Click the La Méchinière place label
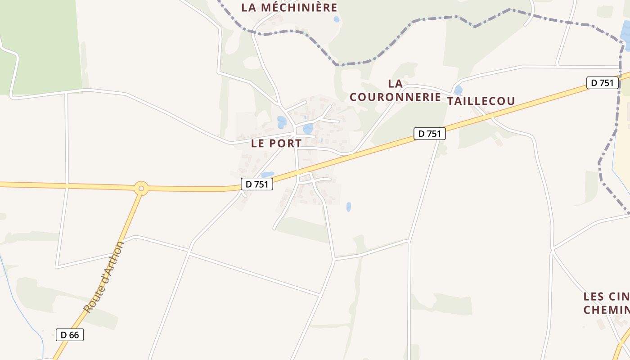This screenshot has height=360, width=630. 289,8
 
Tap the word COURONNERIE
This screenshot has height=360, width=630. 395,97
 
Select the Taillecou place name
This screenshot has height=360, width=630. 481,101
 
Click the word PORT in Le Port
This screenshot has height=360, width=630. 286,144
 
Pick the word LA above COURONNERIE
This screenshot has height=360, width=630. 395,84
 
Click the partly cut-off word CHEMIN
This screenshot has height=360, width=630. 607,310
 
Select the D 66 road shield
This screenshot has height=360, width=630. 70,335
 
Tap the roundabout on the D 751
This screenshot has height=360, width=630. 141,188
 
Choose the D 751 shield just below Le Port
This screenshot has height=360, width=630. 257,184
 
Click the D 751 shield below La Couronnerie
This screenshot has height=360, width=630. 429,134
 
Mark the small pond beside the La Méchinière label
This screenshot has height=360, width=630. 337,19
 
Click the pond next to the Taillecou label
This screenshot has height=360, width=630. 458,90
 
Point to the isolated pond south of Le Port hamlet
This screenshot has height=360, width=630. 348,207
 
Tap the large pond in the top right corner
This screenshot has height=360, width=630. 625,32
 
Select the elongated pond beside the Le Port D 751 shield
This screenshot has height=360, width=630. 267,175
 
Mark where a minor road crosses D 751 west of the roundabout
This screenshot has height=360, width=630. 67,185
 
